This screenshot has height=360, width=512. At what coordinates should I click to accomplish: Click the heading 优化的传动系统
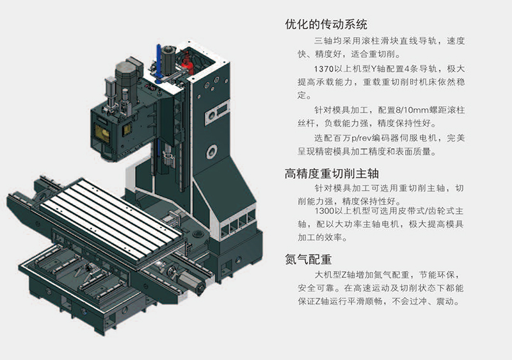coord(326,25)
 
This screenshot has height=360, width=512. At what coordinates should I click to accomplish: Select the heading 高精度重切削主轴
coord(332,174)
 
